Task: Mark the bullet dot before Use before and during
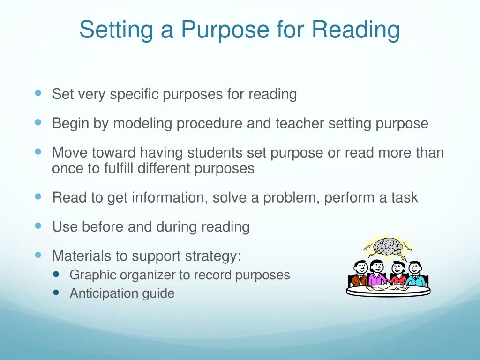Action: [38, 225]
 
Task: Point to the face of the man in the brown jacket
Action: [360, 268]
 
